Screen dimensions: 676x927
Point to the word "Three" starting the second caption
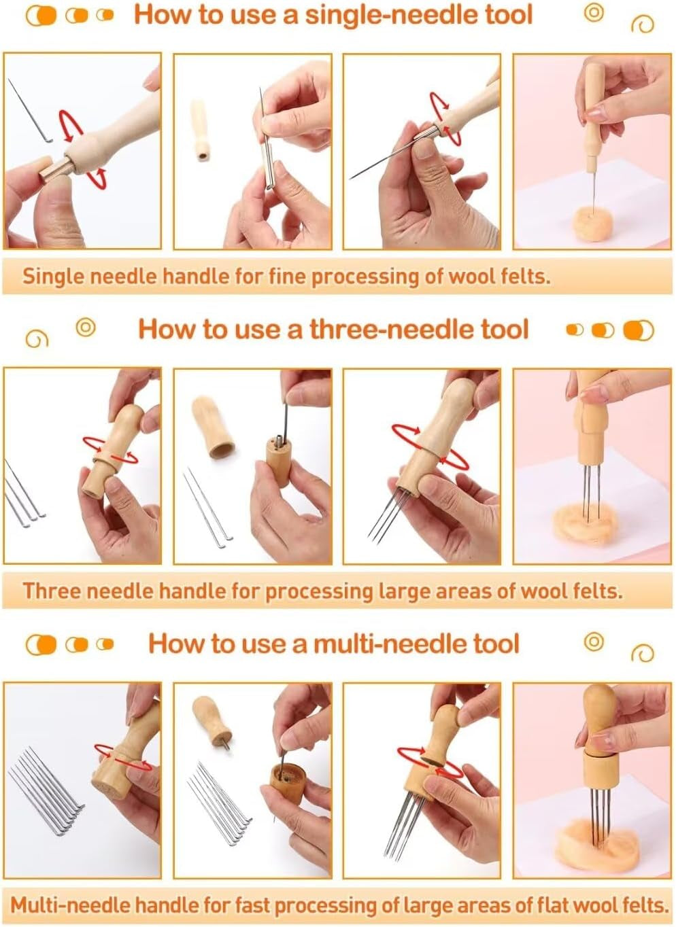(52, 591)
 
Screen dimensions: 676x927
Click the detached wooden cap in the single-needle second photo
(200, 130)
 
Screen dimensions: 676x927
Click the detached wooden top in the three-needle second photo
(212, 426)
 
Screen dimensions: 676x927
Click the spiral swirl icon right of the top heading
(642, 24)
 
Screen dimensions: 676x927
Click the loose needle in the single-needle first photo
(30, 111)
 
